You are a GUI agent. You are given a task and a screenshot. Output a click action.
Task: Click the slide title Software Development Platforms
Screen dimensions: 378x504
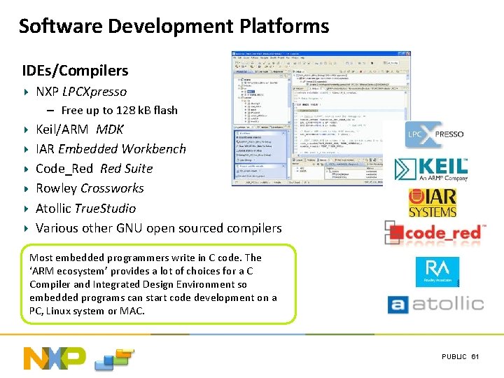(x=174, y=27)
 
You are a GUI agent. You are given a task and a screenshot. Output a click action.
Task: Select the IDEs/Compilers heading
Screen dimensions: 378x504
(x=75, y=71)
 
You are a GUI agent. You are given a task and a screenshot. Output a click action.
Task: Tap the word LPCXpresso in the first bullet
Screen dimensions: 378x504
(x=94, y=92)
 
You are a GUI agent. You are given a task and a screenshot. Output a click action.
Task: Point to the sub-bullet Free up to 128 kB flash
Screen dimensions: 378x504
(x=119, y=110)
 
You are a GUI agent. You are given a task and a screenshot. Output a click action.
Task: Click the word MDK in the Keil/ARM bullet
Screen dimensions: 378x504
(x=110, y=129)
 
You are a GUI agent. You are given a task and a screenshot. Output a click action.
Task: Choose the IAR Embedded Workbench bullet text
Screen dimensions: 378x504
(x=111, y=149)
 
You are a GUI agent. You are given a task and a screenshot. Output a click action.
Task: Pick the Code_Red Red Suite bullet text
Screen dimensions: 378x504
(x=94, y=169)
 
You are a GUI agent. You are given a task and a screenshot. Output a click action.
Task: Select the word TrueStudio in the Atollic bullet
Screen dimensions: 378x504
(x=105, y=208)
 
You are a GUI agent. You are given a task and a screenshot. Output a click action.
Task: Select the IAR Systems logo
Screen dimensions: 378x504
(x=433, y=202)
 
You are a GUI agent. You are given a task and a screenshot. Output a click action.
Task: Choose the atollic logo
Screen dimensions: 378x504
(x=435, y=304)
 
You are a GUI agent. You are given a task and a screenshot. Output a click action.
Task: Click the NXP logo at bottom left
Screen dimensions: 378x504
(x=55, y=358)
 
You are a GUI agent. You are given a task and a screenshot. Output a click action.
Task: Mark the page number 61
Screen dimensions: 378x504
(x=475, y=357)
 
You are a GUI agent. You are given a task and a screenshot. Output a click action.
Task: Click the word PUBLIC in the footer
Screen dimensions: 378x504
(x=454, y=357)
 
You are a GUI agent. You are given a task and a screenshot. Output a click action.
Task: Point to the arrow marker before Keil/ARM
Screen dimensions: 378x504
(x=26, y=129)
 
